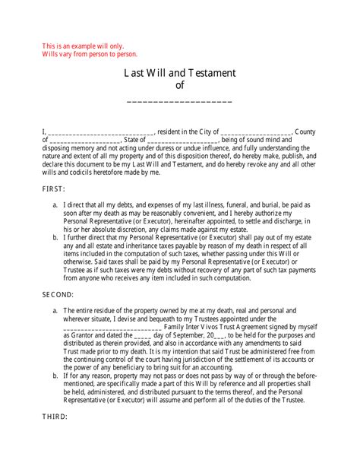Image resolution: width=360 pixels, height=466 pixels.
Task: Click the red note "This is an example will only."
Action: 73,46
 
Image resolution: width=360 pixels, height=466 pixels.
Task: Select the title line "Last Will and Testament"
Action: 180,73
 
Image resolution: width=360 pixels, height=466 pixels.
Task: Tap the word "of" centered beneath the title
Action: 180,86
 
